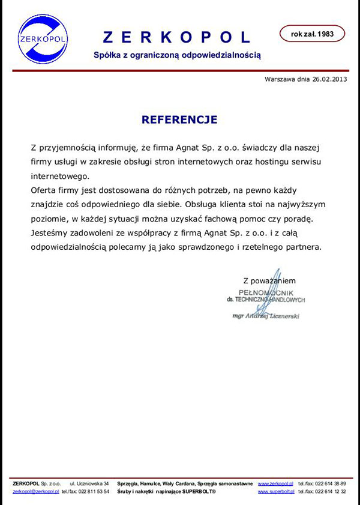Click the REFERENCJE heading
coord(179,119)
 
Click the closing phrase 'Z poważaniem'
coord(269,280)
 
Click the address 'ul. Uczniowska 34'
coord(89,483)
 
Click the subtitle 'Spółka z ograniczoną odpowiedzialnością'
coord(178,55)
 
